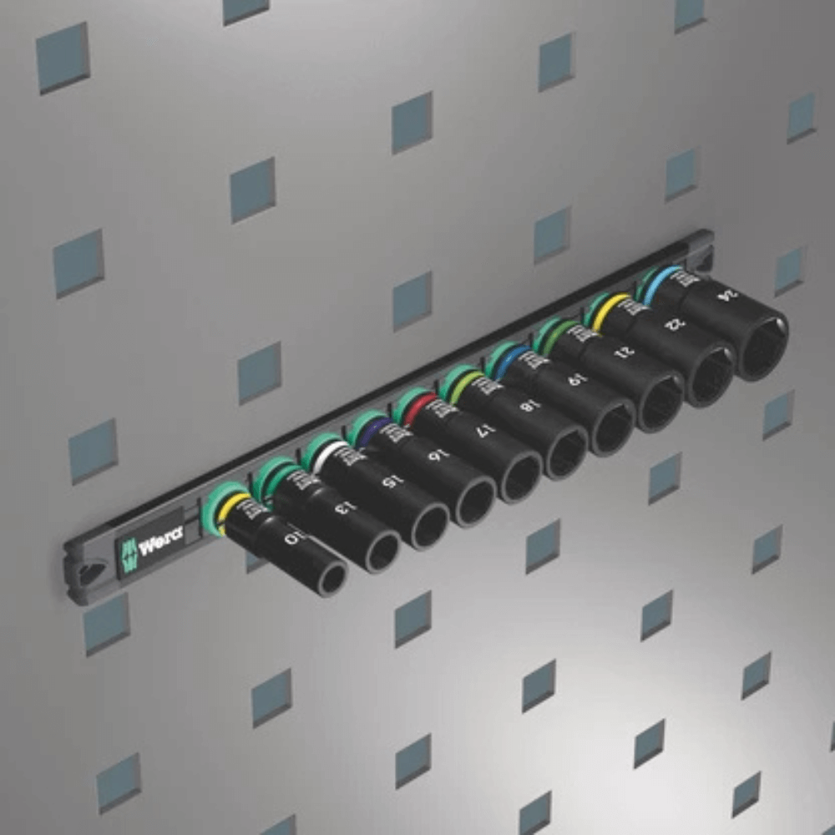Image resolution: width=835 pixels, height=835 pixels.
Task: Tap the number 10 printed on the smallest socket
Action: pyautogui.click(x=292, y=539)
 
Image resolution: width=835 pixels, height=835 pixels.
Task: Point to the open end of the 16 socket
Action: pyautogui.click(x=475, y=503)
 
